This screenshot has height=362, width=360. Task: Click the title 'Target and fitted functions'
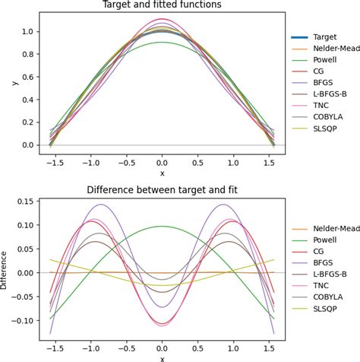click(162, 5)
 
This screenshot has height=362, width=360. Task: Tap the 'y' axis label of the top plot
click(6, 83)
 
